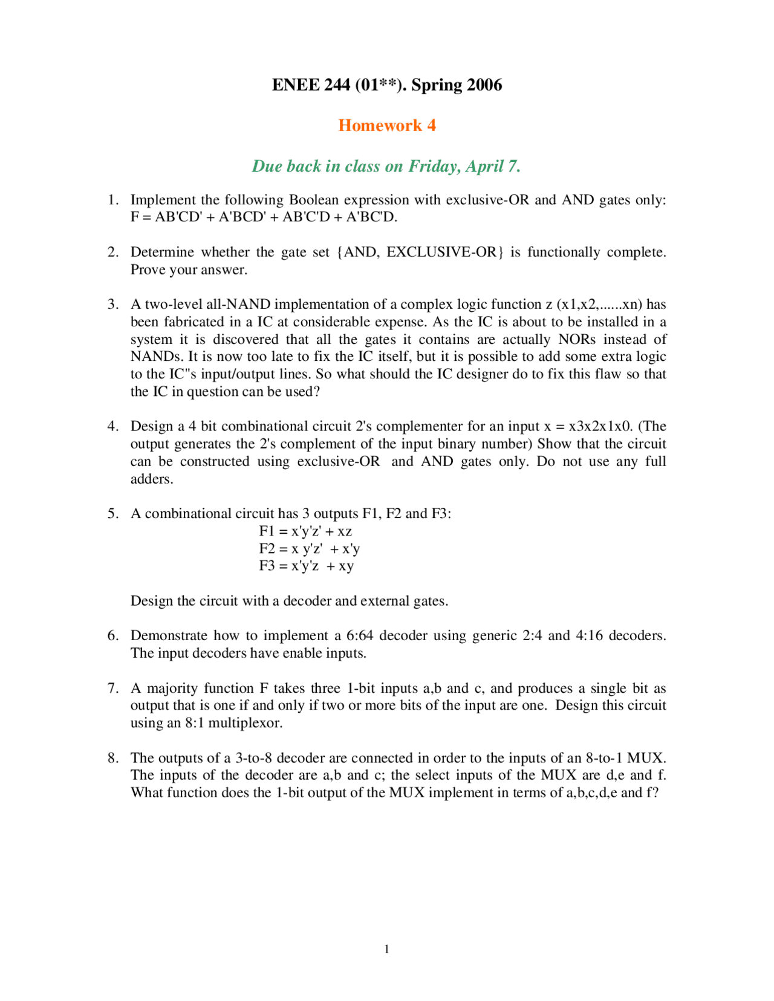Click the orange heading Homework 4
coord(386,125)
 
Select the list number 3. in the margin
coord(113,304)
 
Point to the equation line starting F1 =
coord(305,531)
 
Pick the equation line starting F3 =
coord(306,566)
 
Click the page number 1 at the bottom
coord(386,949)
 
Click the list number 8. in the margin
coord(113,757)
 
